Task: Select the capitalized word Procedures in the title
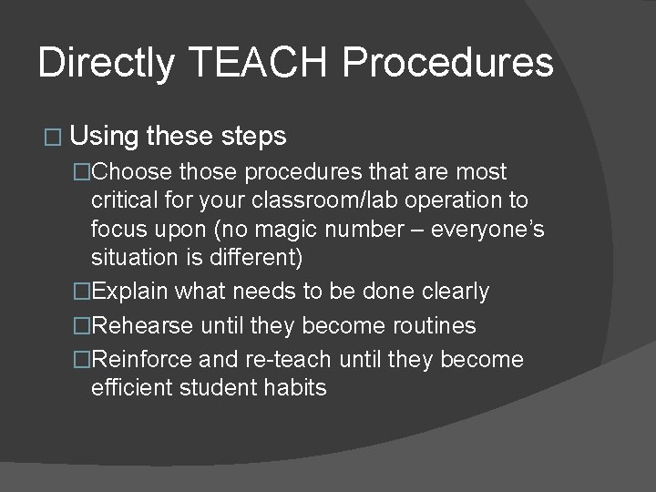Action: [449, 63]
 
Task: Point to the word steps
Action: [253, 138]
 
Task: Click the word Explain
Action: [130, 292]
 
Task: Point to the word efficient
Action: [128, 388]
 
